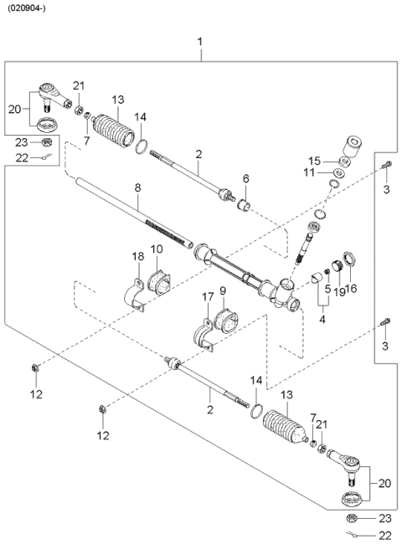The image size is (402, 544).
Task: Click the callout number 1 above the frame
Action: (x=199, y=42)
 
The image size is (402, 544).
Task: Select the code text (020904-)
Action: (x=28, y=9)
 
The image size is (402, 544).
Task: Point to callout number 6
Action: (x=245, y=178)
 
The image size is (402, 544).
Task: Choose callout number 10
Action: (x=157, y=249)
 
